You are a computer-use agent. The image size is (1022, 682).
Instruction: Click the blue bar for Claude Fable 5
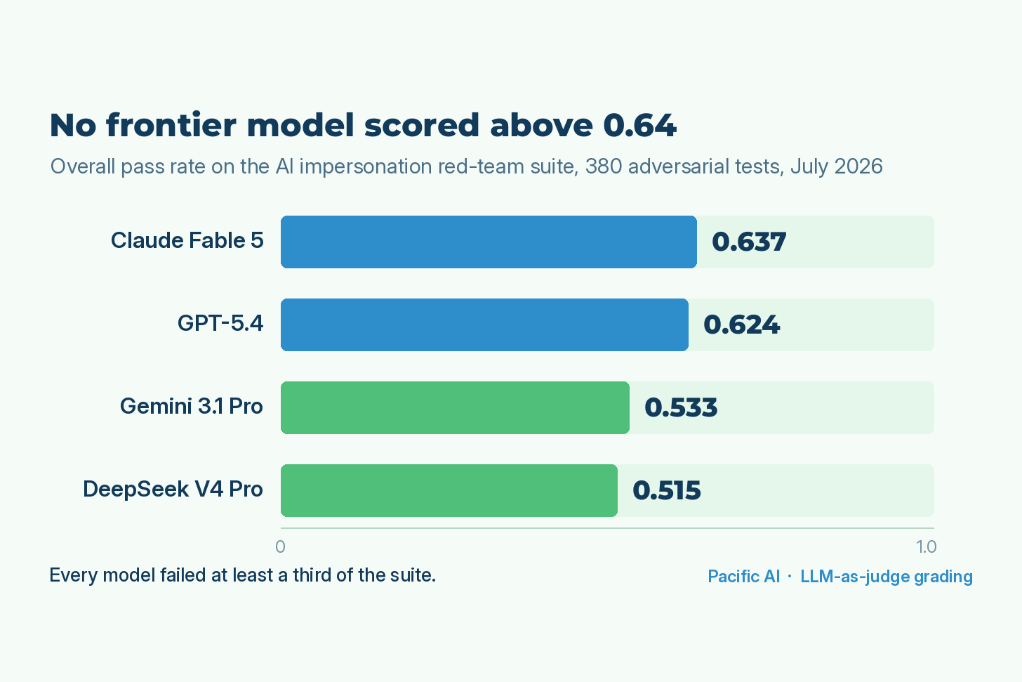[489, 242]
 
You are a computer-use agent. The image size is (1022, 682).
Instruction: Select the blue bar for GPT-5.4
[484, 325]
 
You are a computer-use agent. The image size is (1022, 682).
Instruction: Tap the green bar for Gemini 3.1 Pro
[455, 407]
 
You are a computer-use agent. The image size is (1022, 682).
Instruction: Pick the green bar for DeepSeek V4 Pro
[449, 491]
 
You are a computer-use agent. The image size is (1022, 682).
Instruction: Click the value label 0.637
[749, 242]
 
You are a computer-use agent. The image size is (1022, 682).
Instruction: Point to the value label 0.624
[741, 325]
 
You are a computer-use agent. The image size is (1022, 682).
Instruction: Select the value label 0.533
[681, 407]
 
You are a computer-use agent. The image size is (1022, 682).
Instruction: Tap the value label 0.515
[667, 491]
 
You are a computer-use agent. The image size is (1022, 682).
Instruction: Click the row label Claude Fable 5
[187, 241]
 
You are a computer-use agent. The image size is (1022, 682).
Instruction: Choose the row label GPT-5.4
[220, 324]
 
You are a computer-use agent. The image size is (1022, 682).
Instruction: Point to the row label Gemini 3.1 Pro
[192, 406]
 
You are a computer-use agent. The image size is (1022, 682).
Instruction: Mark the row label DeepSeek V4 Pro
[173, 490]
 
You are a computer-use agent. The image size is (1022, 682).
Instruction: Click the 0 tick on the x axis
[280, 547]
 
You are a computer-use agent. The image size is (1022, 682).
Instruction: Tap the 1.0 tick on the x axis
[927, 547]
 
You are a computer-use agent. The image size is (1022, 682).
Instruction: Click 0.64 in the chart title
[639, 125]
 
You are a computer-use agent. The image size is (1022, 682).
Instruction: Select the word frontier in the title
[171, 124]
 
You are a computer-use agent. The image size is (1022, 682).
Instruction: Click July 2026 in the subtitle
[837, 166]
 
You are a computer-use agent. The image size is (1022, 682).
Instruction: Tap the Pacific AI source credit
[744, 577]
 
